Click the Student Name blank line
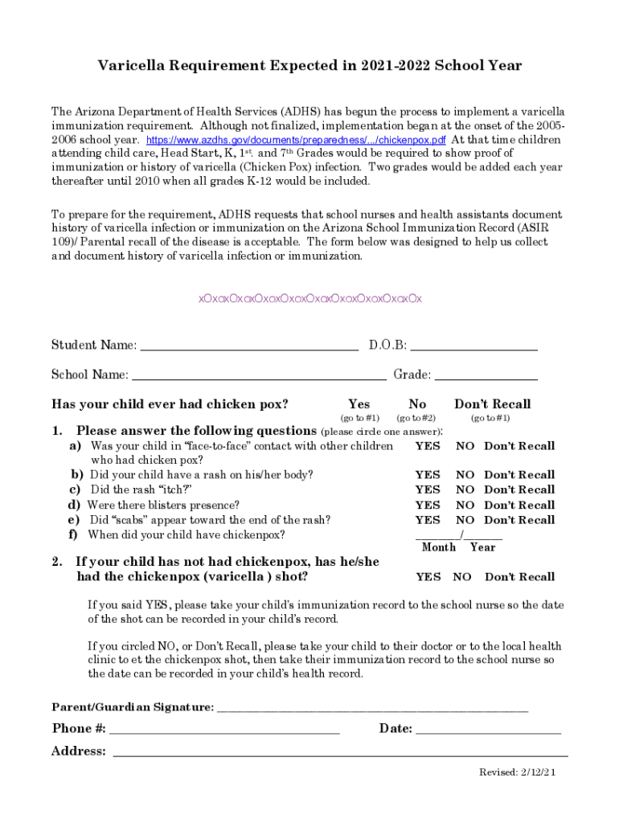249,349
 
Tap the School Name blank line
259,378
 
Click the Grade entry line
486,378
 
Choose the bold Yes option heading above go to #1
359,404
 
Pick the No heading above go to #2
417,404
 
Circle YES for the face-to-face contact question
428,446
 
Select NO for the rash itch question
465,489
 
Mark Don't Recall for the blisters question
519,506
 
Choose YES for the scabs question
428,520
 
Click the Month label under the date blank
439,547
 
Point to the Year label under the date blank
483,547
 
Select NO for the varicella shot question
462,577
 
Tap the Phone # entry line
224,731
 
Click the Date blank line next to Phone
488,731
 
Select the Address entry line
340,754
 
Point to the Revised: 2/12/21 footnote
517,772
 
